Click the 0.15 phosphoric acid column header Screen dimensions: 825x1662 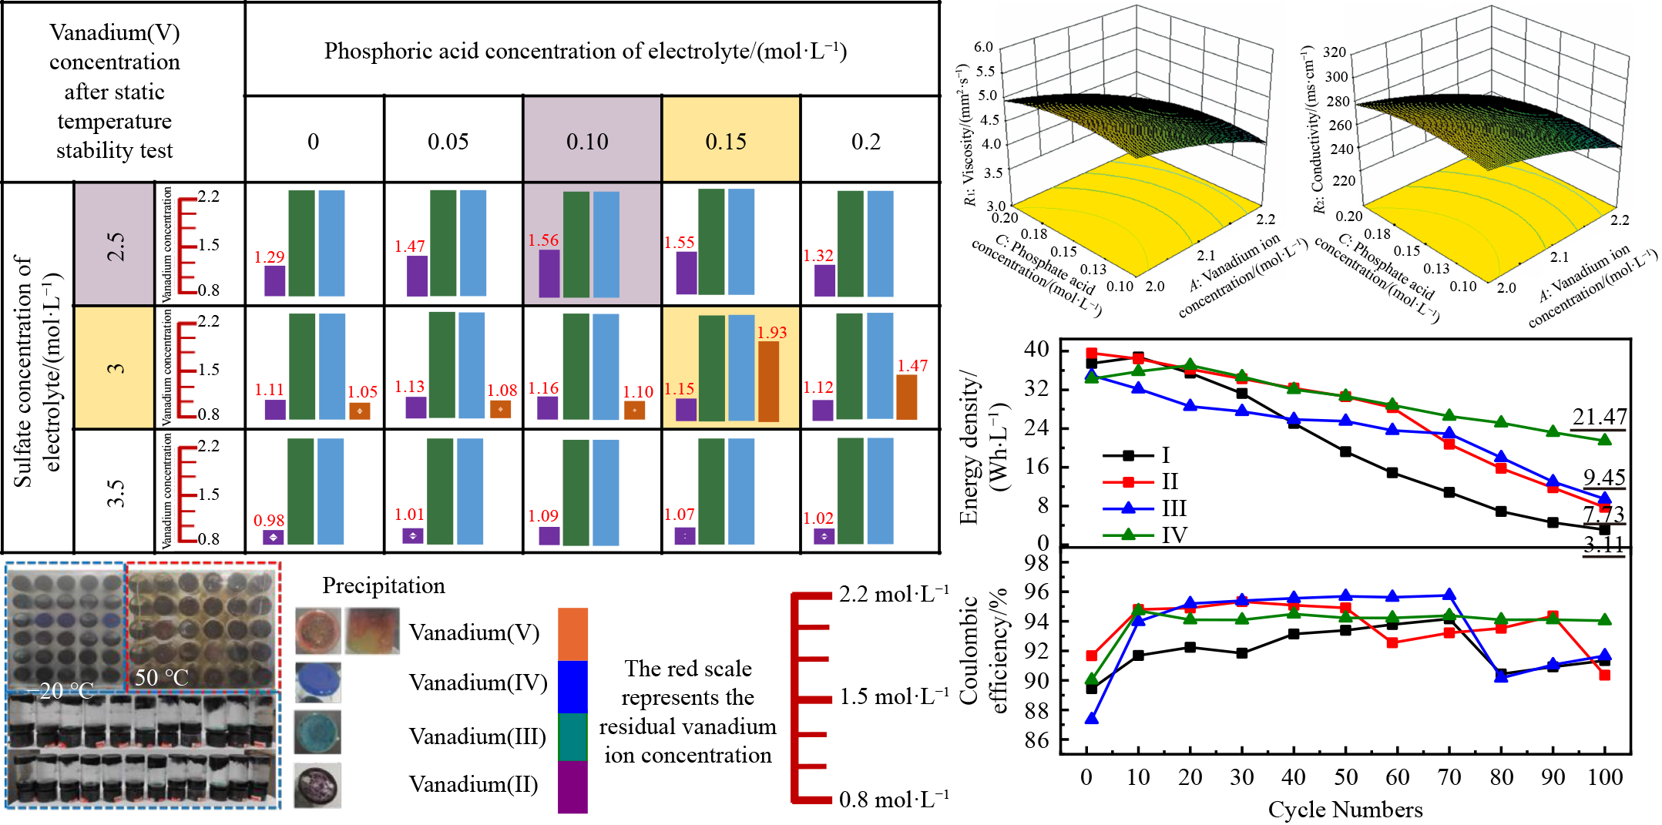point(726,142)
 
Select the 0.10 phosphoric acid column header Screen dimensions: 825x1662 point(587,142)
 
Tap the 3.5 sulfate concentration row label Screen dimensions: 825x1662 point(115,492)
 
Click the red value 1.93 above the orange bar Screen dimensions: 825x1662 point(771,332)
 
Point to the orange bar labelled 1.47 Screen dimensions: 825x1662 point(907,397)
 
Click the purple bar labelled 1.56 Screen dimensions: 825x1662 point(549,273)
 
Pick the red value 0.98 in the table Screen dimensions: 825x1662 point(269,521)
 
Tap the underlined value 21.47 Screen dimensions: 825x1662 point(1600,417)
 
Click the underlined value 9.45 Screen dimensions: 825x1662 point(1604,478)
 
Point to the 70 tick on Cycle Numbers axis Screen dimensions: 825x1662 point(1449,776)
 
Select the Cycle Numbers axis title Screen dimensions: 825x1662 point(1345,810)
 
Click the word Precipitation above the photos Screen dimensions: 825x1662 point(384,585)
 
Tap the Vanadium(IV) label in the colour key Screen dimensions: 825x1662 point(478,682)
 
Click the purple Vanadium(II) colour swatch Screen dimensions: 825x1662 point(572,786)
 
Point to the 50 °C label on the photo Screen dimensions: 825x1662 point(161,677)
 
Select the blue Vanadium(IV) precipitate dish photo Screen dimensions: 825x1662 point(318,682)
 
